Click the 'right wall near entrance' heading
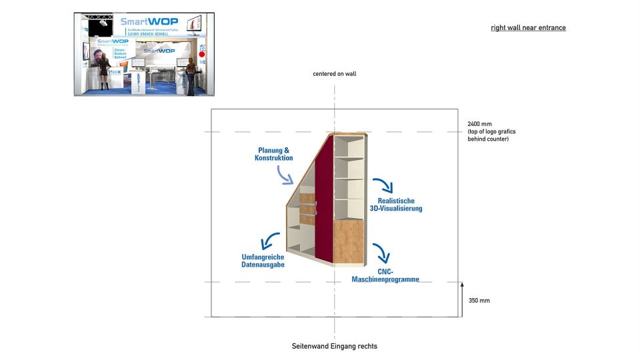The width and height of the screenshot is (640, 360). coord(528,28)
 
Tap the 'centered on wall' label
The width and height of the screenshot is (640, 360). coord(335,74)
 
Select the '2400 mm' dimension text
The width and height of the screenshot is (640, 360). coord(480,124)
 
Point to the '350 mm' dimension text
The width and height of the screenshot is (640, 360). coord(479,301)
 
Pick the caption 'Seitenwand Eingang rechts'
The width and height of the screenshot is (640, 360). coord(334,347)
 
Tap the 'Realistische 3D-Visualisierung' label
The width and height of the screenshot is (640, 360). coord(396,204)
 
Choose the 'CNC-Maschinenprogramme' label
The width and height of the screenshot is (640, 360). coord(385,275)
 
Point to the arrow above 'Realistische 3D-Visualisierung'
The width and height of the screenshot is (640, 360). coord(382,185)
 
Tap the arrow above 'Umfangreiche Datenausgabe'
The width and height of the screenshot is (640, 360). coord(270,241)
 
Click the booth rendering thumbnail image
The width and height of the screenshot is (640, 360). coord(145,54)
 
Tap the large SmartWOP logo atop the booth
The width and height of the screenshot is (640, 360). coord(149,22)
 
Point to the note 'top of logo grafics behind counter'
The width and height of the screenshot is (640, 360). coord(491,135)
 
